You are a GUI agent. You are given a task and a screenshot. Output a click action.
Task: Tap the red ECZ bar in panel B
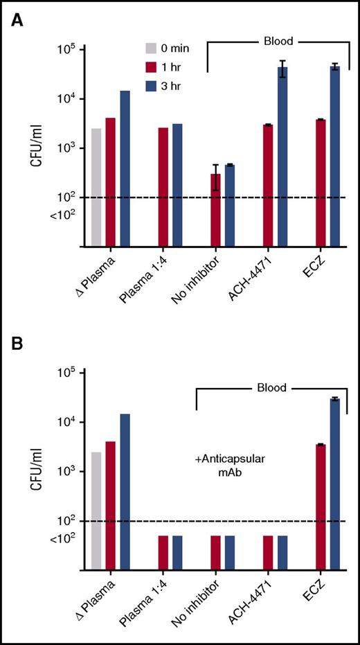pos(321,506)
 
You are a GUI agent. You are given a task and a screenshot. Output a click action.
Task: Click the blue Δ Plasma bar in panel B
pos(125,492)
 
